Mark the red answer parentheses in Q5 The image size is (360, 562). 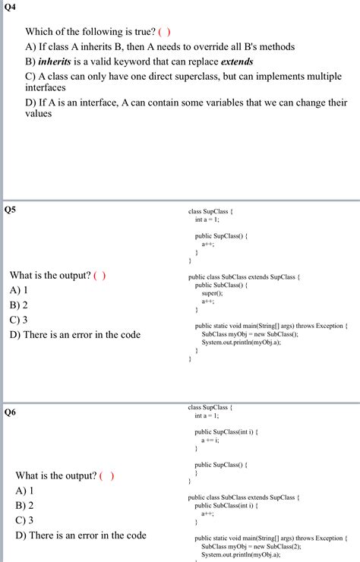(x=99, y=275)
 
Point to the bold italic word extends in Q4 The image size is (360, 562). (x=237, y=62)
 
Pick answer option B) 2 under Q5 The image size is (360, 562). (x=19, y=305)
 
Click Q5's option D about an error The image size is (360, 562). (x=75, y=334)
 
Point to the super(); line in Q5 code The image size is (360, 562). (x=213, y=293)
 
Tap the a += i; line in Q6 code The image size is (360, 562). (x=210, y=440)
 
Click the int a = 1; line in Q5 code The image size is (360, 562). (x=207, y=219)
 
